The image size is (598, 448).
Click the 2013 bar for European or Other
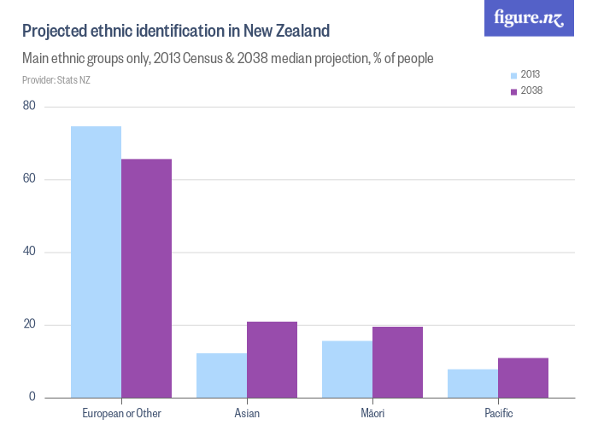tap(96, 262)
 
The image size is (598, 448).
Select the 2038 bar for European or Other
tap(146, 278)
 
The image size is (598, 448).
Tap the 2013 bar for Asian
tap(221, 375)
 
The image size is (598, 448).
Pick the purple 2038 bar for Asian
tap(272, 359)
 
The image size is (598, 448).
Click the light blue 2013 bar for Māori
tap(347, 369)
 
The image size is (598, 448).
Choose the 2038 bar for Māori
tap(397, 362)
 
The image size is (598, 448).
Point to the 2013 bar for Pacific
tap(472, 383)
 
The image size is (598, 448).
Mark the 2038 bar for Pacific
tap(523, 377)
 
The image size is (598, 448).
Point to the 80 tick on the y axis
tap(30, 107)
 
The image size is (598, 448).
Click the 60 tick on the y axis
tap(30, 179)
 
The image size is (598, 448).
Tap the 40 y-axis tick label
tap(30, 252)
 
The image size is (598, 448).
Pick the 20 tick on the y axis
tap(30, 325)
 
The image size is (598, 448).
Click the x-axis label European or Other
tap(121, 414)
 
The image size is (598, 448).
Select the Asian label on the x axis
tap(247, 414)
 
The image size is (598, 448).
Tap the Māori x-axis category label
tap(372, 414)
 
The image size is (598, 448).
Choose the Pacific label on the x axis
tap(498, 414)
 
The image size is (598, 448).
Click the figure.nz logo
tap(529, 19)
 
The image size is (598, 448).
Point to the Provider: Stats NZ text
tap(55, 80)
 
